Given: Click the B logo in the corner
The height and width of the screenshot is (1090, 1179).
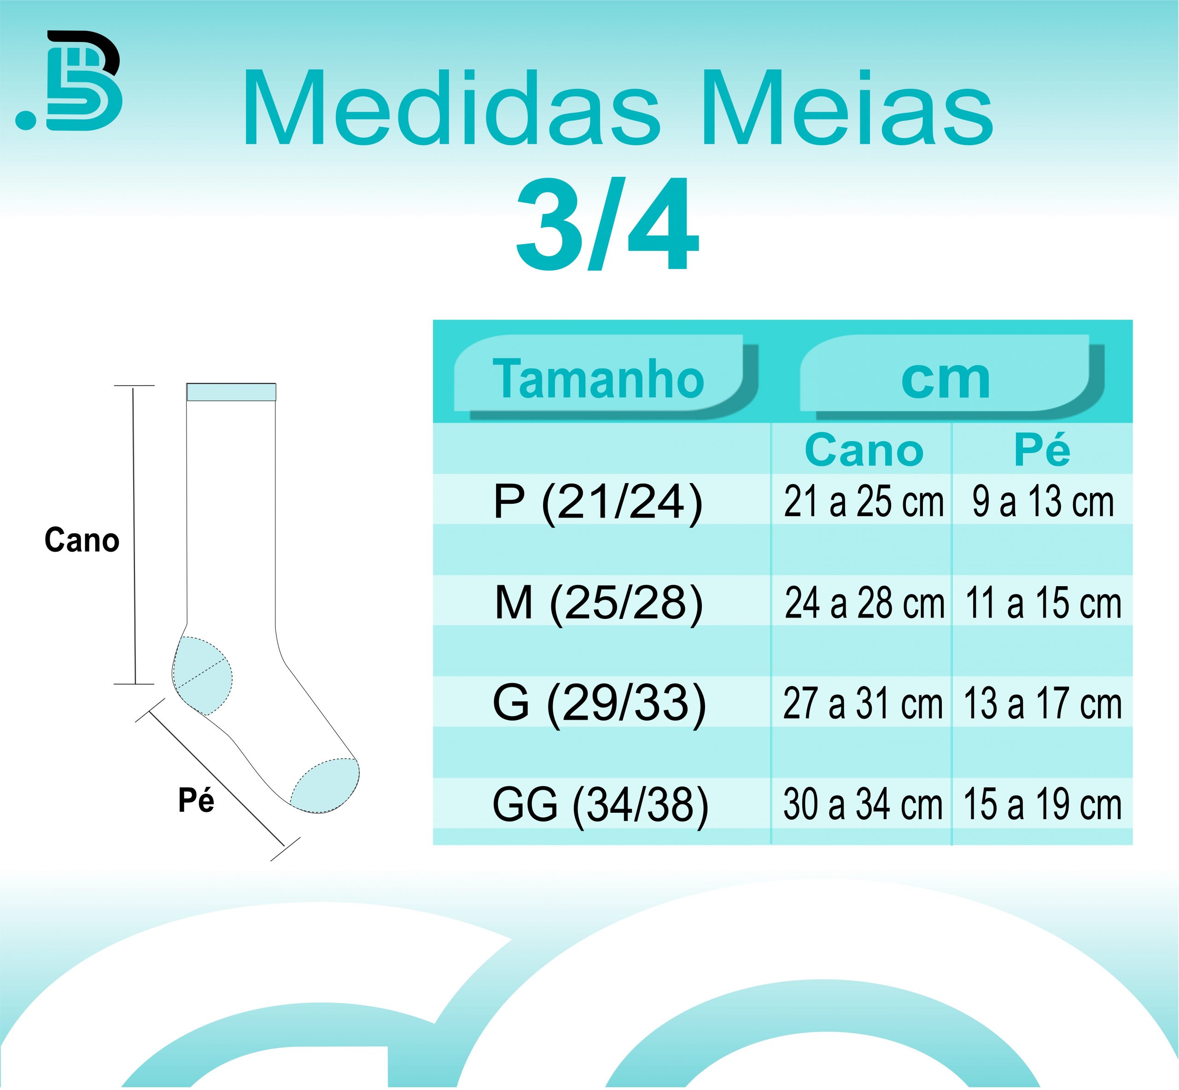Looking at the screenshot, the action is tap(69, 80).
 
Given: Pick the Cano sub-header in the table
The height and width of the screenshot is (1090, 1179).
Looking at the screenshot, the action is tap(864, 450).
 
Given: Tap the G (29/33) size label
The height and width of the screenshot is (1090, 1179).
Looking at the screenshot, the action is tap(599, 704).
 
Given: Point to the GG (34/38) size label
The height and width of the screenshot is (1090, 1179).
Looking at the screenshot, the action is tap(600, 804).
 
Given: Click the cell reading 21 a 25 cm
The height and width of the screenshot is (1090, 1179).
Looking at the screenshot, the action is tap(864, 502).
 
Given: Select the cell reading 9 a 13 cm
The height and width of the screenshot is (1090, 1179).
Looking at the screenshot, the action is tap(1043, 502).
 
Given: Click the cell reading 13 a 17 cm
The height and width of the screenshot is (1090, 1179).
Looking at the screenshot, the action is tap(1042, 704).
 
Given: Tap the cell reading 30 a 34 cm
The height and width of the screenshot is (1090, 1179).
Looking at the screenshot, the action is tap(863, 804).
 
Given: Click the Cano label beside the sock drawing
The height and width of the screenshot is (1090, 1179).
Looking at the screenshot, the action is tap(82, 540).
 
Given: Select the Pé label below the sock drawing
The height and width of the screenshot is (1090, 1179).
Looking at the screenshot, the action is tap(196, 800).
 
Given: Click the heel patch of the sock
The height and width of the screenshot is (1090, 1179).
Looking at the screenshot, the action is tap(202, 676).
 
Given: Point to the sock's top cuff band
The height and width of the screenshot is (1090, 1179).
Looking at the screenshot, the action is tap(231, 392).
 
